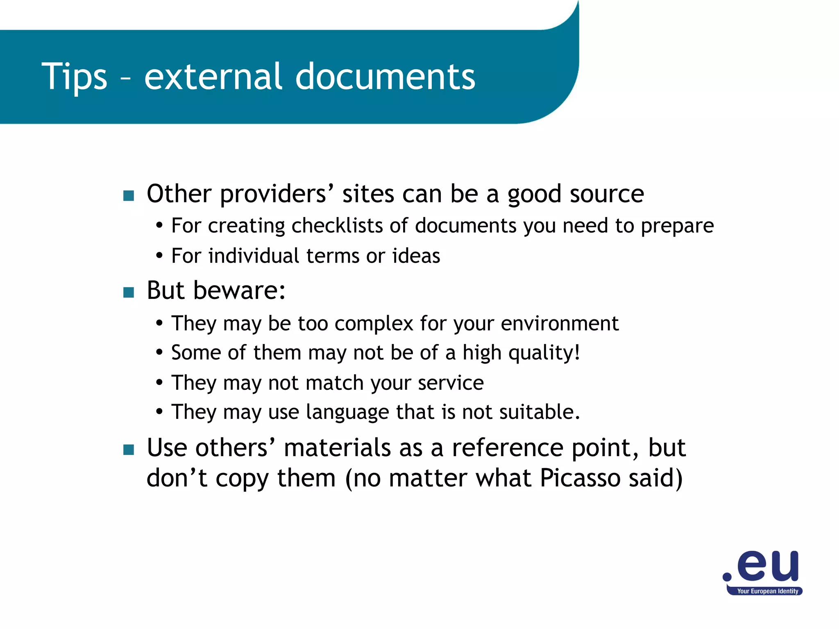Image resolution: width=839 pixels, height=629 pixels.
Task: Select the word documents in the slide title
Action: pos(385,77)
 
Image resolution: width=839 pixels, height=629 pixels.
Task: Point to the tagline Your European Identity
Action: pos(767,591)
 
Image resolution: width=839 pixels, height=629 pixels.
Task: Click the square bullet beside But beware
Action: pos(129,292)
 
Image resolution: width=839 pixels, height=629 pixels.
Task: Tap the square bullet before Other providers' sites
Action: pos(129,196)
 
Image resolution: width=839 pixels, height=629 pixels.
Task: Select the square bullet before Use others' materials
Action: pos(129,450)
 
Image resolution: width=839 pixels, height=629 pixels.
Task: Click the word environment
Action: pos(560,324)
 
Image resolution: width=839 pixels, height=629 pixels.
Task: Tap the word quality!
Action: pos(544,353)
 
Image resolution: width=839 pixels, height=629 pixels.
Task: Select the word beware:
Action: pos(239,290)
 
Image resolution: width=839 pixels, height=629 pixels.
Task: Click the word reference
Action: pos(508,448)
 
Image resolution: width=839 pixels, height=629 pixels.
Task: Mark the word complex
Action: pos(374,324)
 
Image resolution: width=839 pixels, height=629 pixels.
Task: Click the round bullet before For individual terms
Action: pos(159,256)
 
